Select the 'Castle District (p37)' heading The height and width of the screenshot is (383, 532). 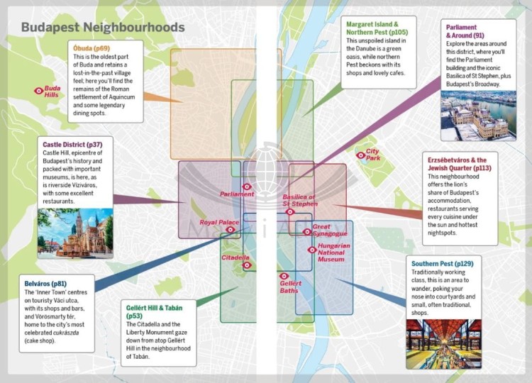coord(72,144)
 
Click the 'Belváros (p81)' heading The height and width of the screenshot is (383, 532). coord(46,283)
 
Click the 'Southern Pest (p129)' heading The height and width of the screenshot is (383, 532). coord(442,264)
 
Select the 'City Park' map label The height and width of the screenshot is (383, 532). coord(372,155)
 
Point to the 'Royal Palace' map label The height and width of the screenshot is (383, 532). coord(218,223)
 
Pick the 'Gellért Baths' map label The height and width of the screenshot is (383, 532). coord(289,287)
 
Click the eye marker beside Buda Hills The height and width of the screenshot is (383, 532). coord(38,91)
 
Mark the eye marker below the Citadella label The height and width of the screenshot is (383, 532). coord(247,265)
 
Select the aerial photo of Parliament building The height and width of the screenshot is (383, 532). coord(468,114)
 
